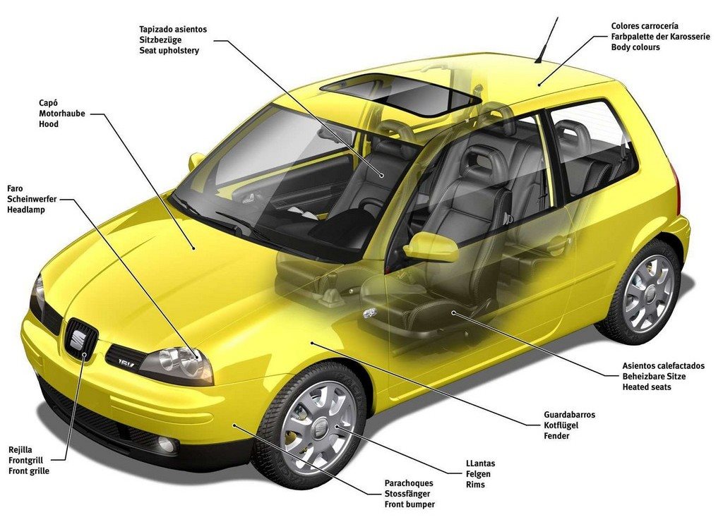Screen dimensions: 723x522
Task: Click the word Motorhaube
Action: point(62,114)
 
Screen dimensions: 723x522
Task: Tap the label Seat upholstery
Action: point(169,51)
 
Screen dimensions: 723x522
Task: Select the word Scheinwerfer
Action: point(32,199)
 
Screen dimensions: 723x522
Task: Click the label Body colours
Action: point(635,47)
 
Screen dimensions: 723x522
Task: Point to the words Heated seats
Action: point(647,387)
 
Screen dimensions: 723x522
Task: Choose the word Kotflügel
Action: point(561,425)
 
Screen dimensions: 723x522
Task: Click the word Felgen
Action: point(478,474)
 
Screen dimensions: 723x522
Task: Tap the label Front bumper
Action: point(410,504)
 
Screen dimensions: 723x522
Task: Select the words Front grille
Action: point(28,471)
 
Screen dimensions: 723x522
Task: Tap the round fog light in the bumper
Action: point(167,444)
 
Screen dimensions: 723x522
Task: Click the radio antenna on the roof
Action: point(547,40)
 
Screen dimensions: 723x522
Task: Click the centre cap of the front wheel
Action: point(317,426)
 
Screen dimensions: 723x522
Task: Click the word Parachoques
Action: point(409,483)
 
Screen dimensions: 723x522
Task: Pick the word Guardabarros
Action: point(570,415)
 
